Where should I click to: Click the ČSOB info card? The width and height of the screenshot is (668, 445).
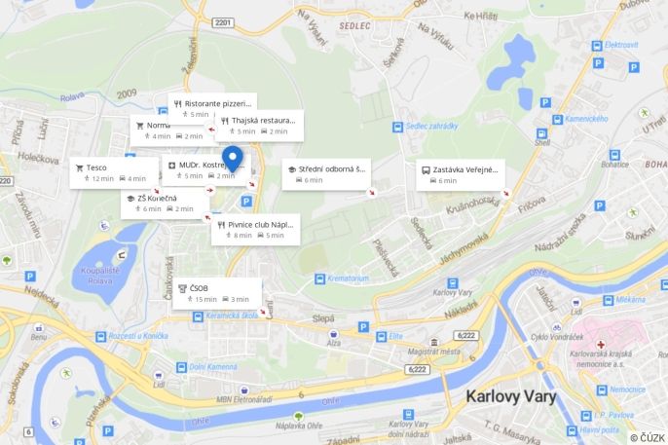click(x=217, y=292)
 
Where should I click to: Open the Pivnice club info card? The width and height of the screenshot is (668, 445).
click(x=255, y=229)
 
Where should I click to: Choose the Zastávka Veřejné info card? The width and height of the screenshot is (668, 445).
click(x=460, y=174)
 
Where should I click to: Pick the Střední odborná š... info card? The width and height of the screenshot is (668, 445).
click(x=326, y=174)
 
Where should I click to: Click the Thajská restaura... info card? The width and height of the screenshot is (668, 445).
click(x=259, y=125)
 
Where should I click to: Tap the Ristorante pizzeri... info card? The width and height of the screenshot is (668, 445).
click(x=212, y=107)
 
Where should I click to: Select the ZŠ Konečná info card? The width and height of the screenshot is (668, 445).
click(x=163, y=204)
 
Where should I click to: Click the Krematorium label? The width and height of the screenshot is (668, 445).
click(x=347, y=278)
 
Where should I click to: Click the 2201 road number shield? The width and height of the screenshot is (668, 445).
click(x=223, y=22)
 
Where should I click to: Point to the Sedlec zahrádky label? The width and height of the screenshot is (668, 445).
click(x=430, y=127)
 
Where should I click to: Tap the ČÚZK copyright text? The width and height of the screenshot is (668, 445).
click(x=648, y=437)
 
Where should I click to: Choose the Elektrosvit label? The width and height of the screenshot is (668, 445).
click(x=620, y=45)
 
